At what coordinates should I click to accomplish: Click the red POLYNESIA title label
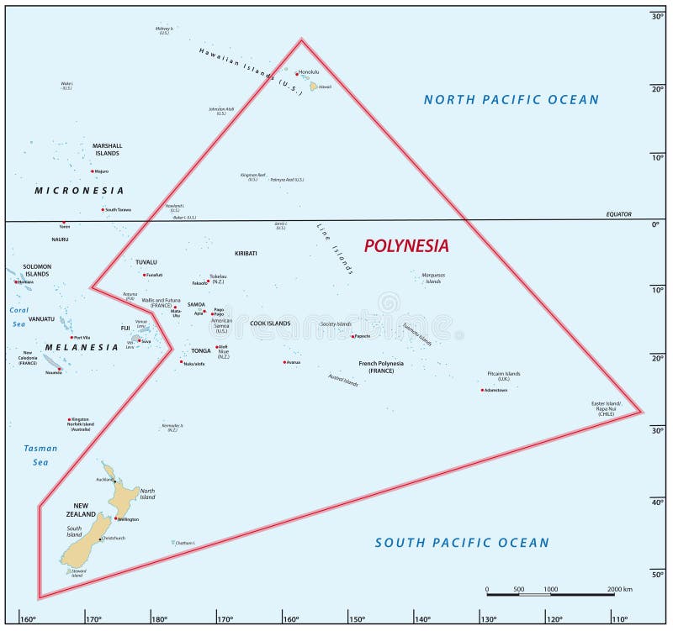406,246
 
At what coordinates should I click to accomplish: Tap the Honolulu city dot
296,73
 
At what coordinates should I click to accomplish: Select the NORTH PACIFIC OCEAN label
511,100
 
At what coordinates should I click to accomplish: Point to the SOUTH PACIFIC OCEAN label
462,543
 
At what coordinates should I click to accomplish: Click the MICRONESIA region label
79,191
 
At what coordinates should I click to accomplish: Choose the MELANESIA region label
82,347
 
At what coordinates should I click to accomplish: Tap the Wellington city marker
115,518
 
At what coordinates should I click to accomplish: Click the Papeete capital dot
352,337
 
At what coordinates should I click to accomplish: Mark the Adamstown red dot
482,390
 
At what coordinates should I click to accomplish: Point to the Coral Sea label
19,316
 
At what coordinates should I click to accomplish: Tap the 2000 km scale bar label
619,589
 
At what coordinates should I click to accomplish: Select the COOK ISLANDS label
270,323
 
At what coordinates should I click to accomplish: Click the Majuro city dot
93,171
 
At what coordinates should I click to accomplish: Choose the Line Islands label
335,249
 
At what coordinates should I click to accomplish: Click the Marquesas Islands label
433,278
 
